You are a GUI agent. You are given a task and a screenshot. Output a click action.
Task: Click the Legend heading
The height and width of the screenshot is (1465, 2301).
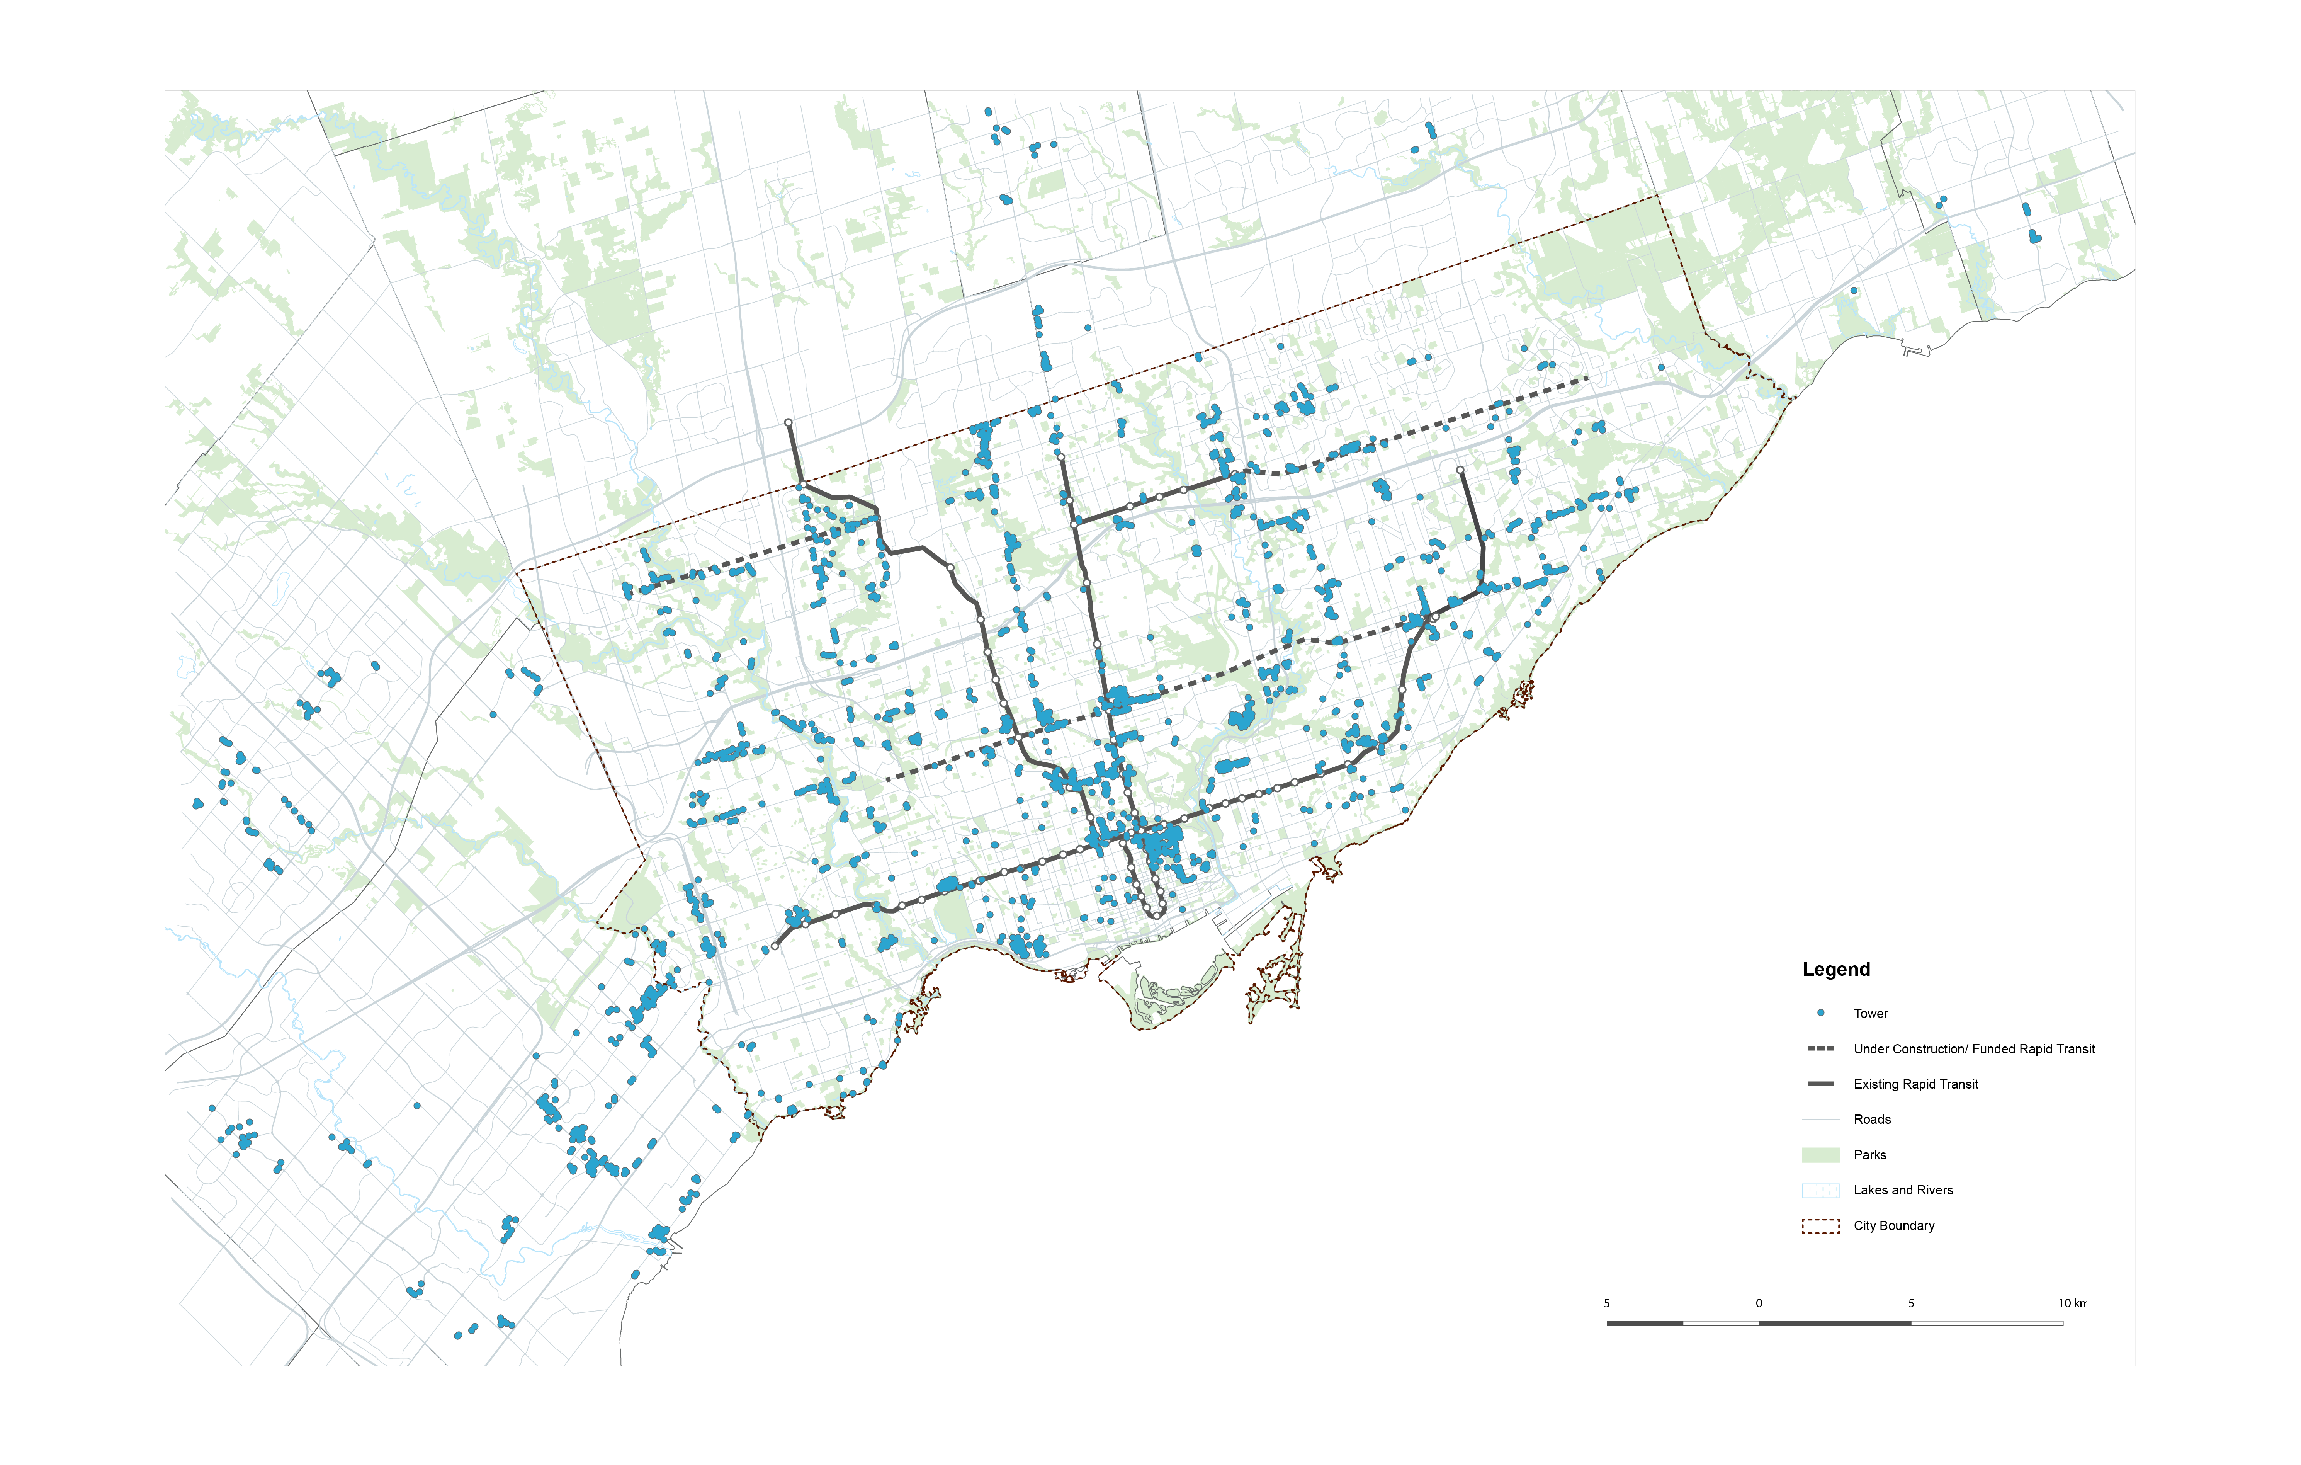pyautogui.click(x=1835, y=969)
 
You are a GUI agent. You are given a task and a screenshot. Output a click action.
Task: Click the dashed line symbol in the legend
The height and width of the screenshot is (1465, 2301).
pyautogui.click(x=1820, y=1048)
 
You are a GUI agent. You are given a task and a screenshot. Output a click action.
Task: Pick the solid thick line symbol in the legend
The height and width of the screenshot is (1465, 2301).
pyautogui.click(x=1820, y=1084)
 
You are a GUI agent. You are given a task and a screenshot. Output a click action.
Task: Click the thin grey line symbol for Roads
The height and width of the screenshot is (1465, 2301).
pyautogui.click(x=1820, y=1119)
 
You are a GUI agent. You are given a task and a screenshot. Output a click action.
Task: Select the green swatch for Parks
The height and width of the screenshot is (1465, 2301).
pyautogui.click(x=1820, y=1154)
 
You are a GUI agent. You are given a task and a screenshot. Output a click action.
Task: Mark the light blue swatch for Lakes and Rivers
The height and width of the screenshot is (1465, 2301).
pyautogui.click(x=1820, y=1190)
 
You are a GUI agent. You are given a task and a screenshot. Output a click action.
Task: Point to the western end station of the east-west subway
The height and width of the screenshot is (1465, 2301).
pyautogui.click(x=774, y=946)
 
